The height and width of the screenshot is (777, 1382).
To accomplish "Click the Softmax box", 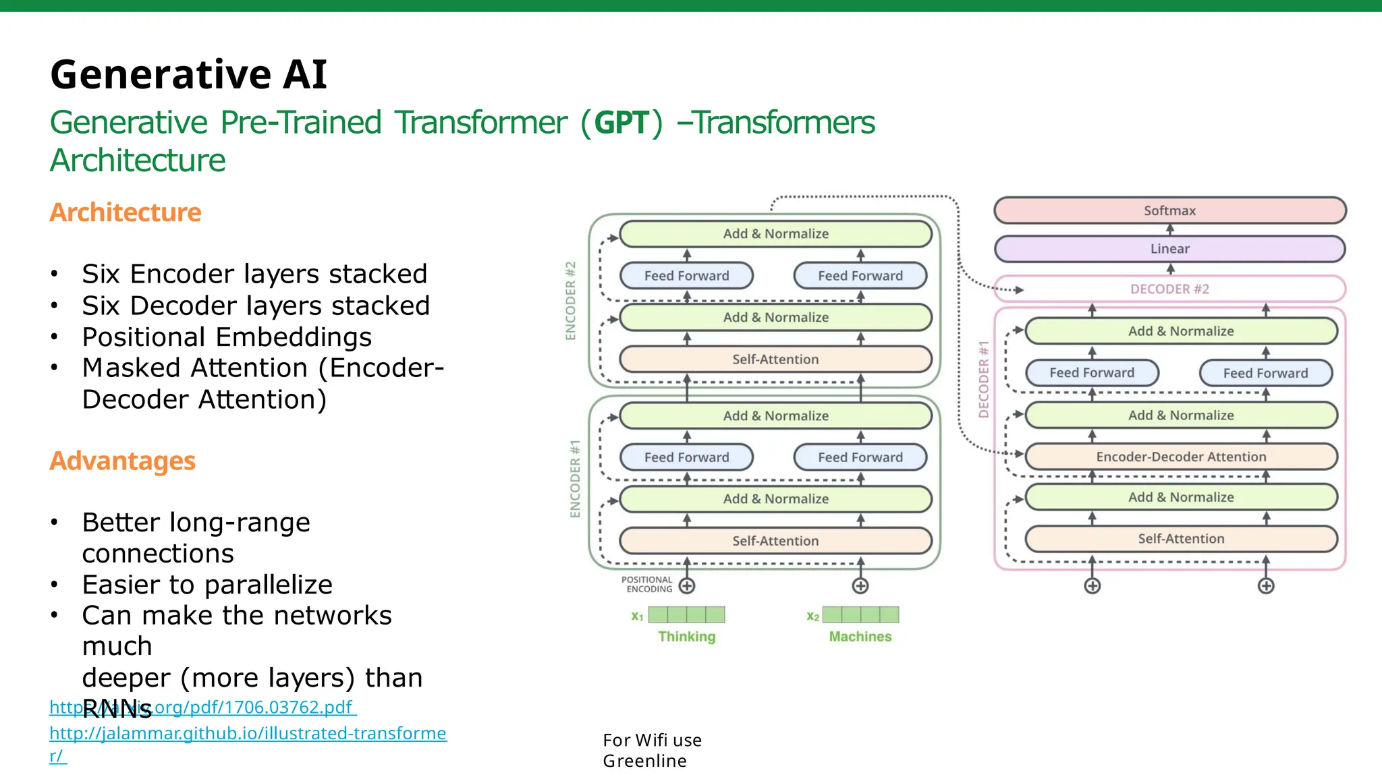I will click(x=1169, y=210).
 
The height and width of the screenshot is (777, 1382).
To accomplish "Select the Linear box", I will click(x=1169, y=249).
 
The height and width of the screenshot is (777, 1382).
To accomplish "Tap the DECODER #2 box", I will click(x=1169, y=289).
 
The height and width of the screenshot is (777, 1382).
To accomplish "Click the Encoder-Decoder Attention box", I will click(x=1180, y=457).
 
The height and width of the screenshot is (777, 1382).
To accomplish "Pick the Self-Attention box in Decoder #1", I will click(x=1180, y=538).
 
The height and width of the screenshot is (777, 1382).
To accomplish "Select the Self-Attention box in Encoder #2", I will click(x=775, y=359).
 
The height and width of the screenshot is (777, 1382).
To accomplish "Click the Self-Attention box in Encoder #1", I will click(x=775, y=541).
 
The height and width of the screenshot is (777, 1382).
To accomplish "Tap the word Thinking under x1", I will click(x=686, y=636).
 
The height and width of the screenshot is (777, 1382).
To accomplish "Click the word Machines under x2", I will click(x=860, y=636).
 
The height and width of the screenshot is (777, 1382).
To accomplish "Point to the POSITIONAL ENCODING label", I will click(x=647, y=584).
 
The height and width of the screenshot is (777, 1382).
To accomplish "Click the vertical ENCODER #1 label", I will click(x=575, y=479).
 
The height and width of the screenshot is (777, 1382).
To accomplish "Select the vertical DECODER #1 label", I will click(x=984, y=379).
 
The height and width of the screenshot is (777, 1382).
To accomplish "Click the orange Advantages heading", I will click(x=122, y=461).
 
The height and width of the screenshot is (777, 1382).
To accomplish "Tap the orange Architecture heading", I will click(x=126, y=212).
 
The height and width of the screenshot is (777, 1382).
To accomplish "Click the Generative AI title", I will click(x=188, y=74).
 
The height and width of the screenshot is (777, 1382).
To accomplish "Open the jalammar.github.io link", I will click(x=247, y=733).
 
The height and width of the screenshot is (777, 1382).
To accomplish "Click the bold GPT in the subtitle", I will click(x=621, y=123).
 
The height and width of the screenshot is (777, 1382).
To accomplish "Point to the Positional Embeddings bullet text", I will click(x=227, y=337).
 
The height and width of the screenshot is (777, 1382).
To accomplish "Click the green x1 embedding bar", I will click(x=686, y=614).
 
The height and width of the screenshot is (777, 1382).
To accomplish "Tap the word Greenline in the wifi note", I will click(x=644, y=761).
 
